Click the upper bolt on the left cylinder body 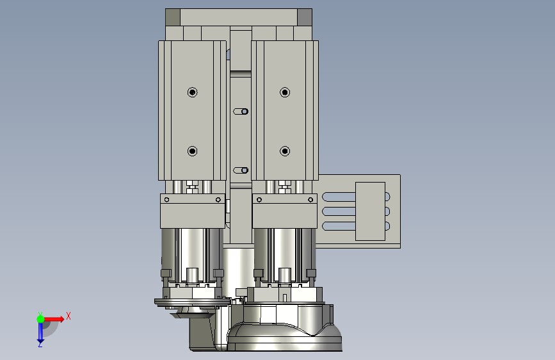(x=192, y=92)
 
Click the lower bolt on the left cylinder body (x=192, y=151)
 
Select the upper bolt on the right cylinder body (x=285, y=92)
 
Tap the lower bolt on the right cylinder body (x=285, y=151)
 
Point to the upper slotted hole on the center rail (x=241, y=111)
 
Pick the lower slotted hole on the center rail (x=241, y=170)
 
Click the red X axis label (x=68, y=316)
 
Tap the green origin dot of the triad (x=40, y=319)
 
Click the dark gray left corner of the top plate (x=173, y=17)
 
